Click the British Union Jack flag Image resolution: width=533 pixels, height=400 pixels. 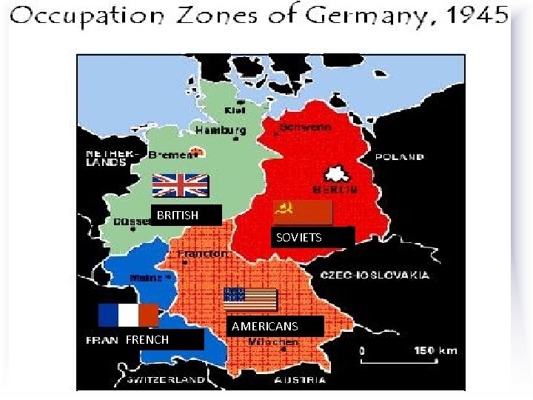pyautogui.click(x=181, y=184)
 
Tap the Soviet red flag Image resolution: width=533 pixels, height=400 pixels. pyautogui.click(x=303, y=213)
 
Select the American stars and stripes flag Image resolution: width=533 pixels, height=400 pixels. pyautogui.click(x=250, y=299)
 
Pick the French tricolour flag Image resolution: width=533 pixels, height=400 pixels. pyautogui.click(x=128, y=315)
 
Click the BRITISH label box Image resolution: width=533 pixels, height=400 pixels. pyautogui.click(x=186, y=215)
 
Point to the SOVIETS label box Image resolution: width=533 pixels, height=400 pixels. pyautogui.click(x=312, y=237)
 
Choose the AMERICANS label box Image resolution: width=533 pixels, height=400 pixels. pyautogui.click(x=275, y=326)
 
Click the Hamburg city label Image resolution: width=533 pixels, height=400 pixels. pyautogui.click(x=220, y=129)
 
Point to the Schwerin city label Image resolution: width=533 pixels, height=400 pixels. pyautogui.click(x=304, y=127)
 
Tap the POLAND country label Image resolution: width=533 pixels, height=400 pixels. pyautogui.click(x=400, y=157)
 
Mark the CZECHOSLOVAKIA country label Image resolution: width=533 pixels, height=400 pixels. pyautogui.click(x=375, y=275)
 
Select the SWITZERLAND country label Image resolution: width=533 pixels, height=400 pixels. pyautogui.click(x=164, y=380)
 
